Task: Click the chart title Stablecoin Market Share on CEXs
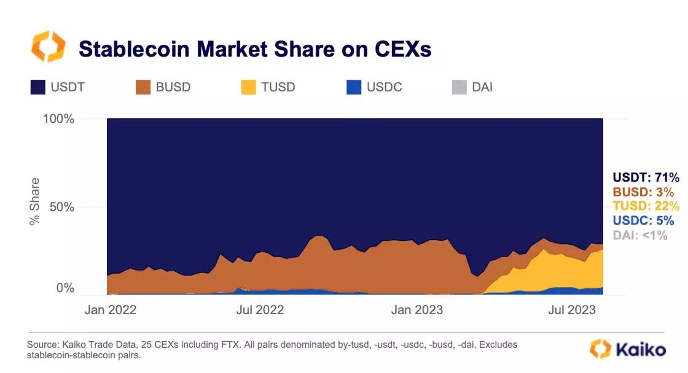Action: (255, 49)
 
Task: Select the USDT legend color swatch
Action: (38, 87)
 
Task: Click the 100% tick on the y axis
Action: (58, 118)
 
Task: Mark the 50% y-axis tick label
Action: (61, 207)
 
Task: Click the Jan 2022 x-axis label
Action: (111, 310)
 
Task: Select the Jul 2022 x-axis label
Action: (260, 310)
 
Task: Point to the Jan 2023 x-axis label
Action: (418, 310)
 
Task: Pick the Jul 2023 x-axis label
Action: (572, 310)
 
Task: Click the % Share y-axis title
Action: (35, 201)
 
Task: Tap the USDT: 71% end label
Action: (646, 178)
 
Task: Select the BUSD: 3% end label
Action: (643, 192)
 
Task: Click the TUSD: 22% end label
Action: (646, 206)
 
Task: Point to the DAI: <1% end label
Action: (640, 235)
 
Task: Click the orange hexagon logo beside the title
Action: (47, 48)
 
